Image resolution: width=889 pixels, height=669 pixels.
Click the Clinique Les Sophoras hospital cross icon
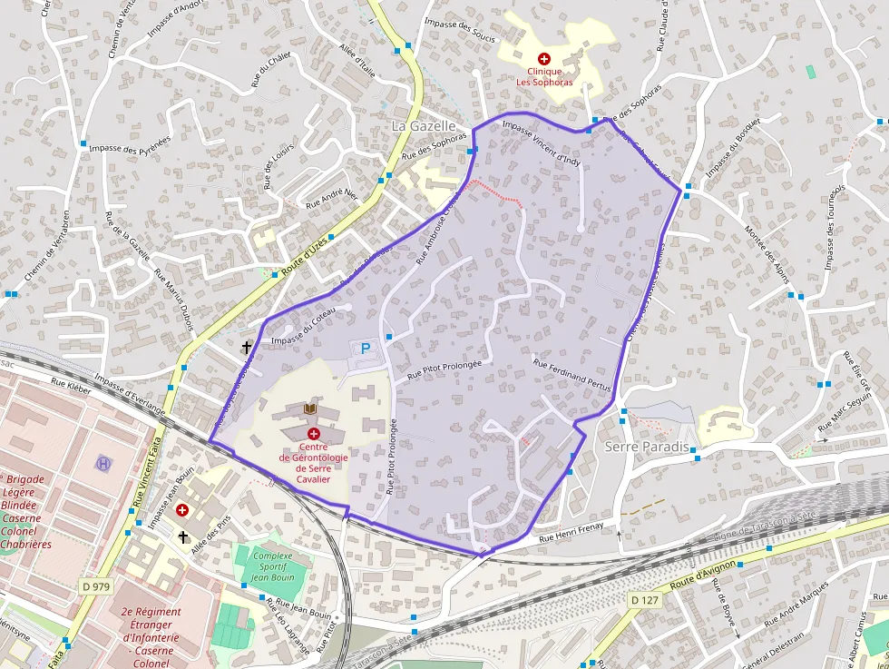click(543, 58)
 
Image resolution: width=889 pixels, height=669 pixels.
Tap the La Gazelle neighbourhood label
click(423, 125)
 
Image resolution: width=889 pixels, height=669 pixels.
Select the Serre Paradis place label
click(647, 448)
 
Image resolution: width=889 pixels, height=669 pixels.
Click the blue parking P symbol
click(366, 348)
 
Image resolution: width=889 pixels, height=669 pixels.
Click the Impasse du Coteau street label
click(303, 328)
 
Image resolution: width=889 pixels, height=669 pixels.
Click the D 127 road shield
click(644, 600)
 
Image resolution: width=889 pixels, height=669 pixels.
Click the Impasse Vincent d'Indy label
click(541, 143)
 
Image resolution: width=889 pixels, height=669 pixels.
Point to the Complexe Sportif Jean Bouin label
click(272, 566)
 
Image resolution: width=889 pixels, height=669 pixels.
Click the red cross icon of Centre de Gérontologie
click(313, 434)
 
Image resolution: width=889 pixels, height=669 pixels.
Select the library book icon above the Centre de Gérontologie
click(310, 411)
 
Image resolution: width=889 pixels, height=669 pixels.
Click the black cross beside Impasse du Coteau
click(246, 347)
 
